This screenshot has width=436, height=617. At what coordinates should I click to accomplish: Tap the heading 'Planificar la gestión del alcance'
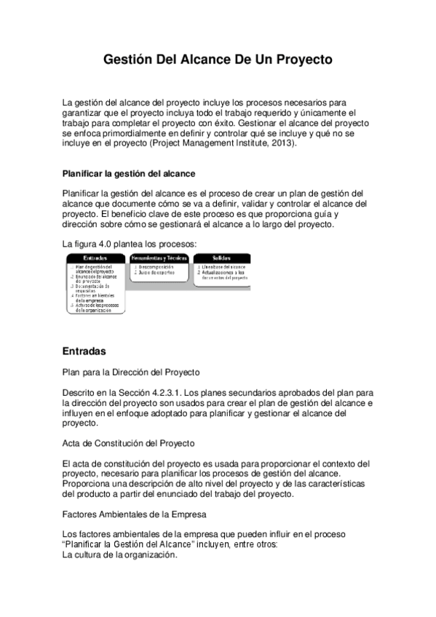(x=129, y=174)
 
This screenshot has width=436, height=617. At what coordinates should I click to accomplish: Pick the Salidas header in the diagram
(x=221, y=258)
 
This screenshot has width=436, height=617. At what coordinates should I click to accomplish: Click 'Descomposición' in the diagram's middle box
(x=156, y=268)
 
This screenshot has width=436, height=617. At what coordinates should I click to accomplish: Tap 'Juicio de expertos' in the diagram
(x=156, y=274)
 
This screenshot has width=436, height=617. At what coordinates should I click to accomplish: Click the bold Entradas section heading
(x=84, y=351)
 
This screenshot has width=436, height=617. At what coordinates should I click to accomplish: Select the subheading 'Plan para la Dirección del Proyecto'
(x=131, y=373)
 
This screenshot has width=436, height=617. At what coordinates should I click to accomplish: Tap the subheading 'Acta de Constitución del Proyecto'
(x=128, y=442)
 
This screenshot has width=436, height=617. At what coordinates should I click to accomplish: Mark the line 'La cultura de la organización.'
(x=120, y=554)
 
